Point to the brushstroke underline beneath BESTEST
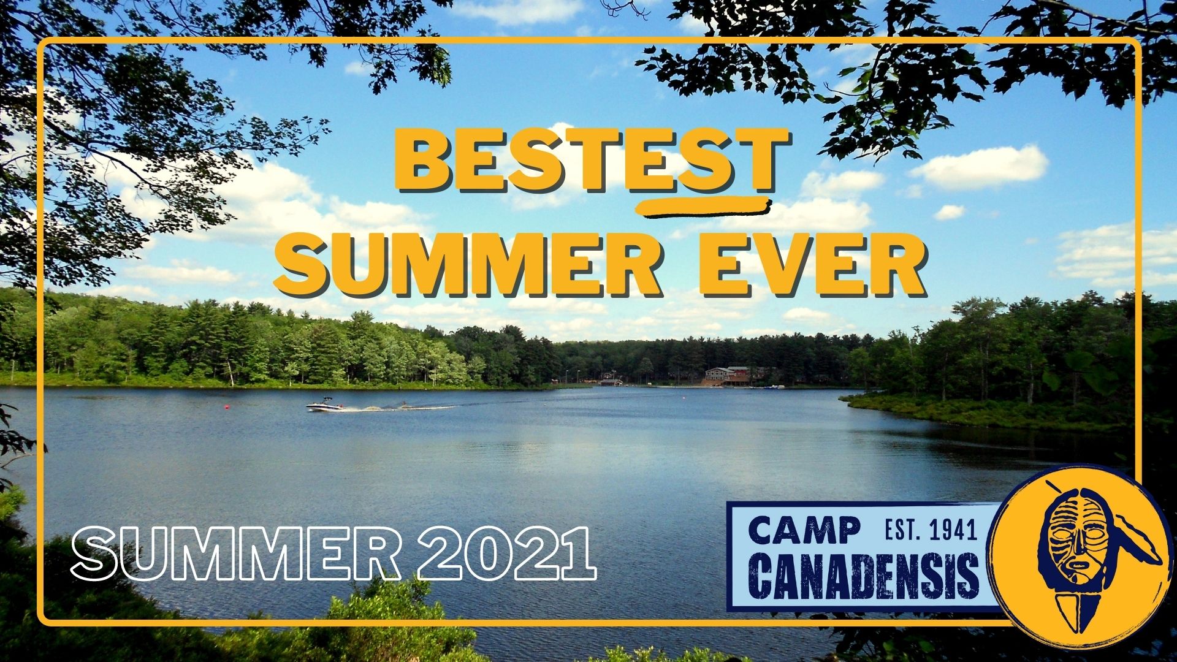703,208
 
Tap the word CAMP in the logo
804,530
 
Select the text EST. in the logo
904,530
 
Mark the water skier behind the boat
403,404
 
